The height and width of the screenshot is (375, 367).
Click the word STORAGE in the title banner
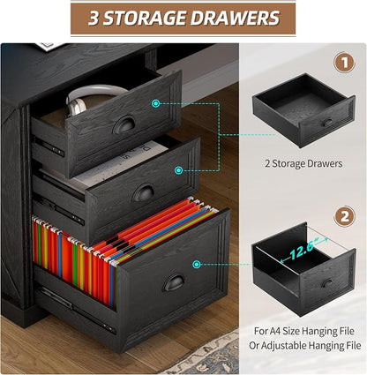[145, 19]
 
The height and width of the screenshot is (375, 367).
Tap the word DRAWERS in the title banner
[235, 19]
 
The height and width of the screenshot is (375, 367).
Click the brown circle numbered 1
[344, 63]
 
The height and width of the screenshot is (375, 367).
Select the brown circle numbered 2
[344, 216]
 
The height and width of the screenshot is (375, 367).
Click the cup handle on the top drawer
[124, 124]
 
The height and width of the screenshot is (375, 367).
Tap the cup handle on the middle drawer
[144, 192]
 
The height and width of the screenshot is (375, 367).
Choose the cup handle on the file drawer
[174, 283]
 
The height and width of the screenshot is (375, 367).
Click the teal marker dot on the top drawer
[156, 103]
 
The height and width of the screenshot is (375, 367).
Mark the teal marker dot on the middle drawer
[179, 170]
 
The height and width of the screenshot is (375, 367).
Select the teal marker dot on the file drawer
[197, 265]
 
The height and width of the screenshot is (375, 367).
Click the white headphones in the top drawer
[94, 99]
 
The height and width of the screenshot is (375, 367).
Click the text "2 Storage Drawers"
[303, 163]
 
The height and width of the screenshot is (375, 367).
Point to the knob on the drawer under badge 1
[326, 122]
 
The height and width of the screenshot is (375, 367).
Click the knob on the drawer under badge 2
[327, 283]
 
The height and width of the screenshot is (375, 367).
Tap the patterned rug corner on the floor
[205, 355]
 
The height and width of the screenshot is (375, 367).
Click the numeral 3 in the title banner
[94, 19]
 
